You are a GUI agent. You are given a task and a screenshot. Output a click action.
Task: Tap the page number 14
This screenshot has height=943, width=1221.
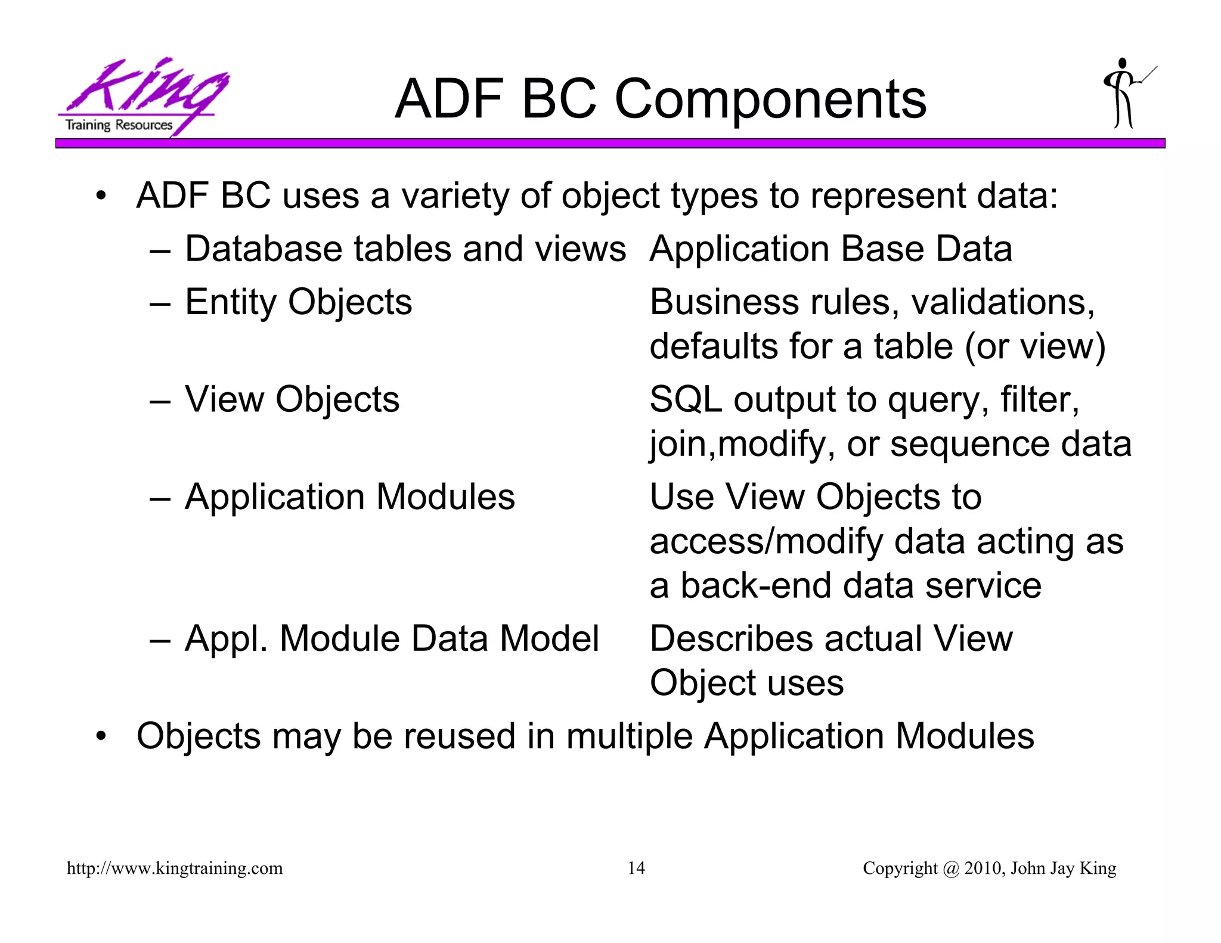click(636, 868)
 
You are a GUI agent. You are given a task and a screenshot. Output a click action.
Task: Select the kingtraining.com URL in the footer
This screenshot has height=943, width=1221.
click(175, 868)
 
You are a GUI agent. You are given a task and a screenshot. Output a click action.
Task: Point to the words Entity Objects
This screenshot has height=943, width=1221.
click(298, 302)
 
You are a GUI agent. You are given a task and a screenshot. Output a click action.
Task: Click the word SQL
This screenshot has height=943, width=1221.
click(685, 399)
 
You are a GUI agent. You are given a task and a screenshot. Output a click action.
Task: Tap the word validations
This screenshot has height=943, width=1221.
click(1003, 302)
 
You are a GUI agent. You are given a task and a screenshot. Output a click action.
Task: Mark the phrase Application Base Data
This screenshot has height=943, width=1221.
click(830, 249)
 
